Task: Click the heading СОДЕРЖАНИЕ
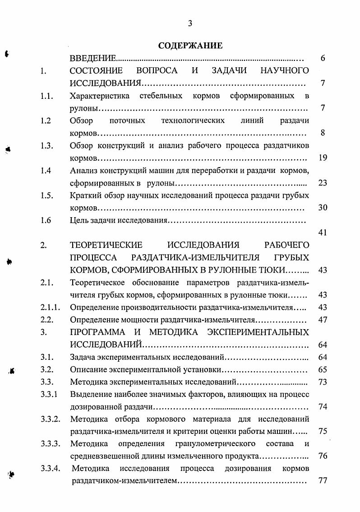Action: pyautogui.click(x=190, y=46)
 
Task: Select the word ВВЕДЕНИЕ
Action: pyautogui.click(x=93, y=58)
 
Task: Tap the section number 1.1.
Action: pyautogui.click(x=47, y=96)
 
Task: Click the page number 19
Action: pyautogui.click(x=322, y=158)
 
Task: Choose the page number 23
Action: pyautogui.click(x=322, y=183)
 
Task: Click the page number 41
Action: pyautogui.click(x=322, y=233)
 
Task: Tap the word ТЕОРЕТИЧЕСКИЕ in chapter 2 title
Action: pyautogui.click(x=106, y=245)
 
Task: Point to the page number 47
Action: pyautogui.click(x=322, y=320)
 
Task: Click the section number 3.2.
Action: pyautogui.click(x=47, y=370)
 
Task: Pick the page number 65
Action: pyautogui.click(x=322, y=370)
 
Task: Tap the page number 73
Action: pyautogui.click(x=322, y=382)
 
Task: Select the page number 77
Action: pyautogui.click(x=322, y=480)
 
